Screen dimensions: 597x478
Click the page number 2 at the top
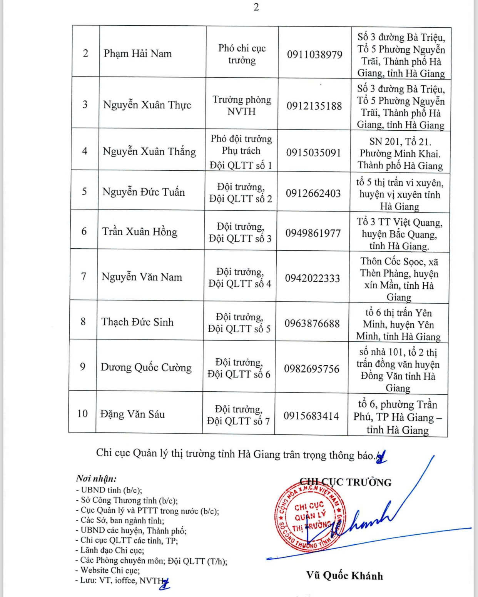[x=256, y=7]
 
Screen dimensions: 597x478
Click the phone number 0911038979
[x=314, y=55]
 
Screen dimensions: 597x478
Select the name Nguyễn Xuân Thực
[x=147, y=105]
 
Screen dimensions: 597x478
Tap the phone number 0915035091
[x=313, y=153]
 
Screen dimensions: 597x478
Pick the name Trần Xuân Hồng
[x=140, y=231]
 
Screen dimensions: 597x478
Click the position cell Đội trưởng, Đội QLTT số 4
[x=240, y=278]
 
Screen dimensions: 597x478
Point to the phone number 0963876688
[x=312, y=323]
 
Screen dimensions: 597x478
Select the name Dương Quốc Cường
[x=146, y=368]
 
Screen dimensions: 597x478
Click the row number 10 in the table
[x=82, y=414]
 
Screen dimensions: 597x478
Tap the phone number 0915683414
[x=311, y=416]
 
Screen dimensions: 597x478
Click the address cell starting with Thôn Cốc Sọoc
[x=399, y=279]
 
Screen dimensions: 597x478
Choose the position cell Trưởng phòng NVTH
[x=242, y=105]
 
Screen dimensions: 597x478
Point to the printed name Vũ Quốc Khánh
[x=344, y=575]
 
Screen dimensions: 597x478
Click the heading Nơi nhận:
[x=96, y=479]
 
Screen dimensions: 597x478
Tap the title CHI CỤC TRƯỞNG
[x=345, y=482]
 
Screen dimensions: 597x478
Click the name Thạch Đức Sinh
[x=137, y=322]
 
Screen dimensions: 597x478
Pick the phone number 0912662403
[x=313, y=193]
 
